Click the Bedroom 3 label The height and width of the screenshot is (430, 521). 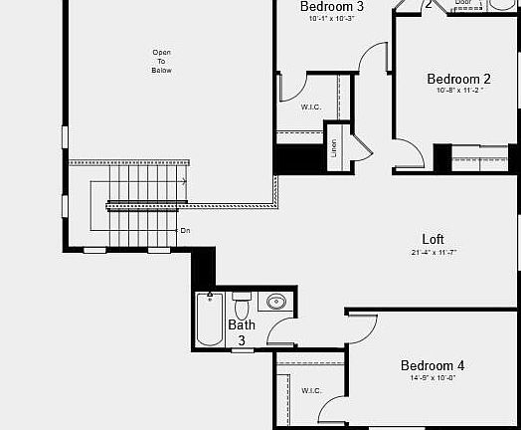click(332, 6)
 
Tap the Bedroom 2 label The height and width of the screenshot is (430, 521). click(458, 79)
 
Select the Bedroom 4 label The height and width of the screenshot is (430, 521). click(433, 365)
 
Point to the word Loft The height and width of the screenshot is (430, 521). click(433, 239)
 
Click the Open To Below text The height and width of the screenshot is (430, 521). click(161, 61)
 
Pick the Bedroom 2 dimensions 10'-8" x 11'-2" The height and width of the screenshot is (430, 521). click(458, 91)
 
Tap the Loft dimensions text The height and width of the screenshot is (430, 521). click(433, 252)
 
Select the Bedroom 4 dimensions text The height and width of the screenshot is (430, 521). click(433, 377)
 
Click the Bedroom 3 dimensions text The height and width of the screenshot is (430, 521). click(332, 18)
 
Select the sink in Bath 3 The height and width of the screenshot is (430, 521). click(275, 301)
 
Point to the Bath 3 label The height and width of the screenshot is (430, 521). click(242, 331)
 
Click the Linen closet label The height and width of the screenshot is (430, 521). click(334, 148)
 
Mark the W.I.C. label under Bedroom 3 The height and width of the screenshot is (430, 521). click(311, 106)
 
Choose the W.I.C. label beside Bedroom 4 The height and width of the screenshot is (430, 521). click(311, 389)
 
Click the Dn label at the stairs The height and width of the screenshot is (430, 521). click(185, 230)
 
